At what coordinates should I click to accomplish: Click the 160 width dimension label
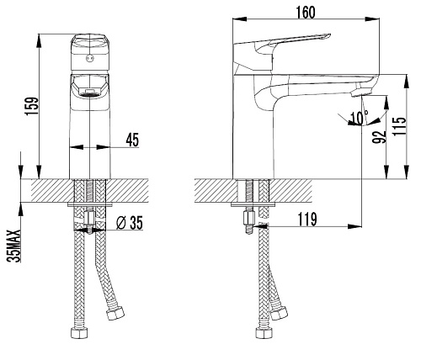coord(306,13)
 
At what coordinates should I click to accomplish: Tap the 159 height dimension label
coord(31,106)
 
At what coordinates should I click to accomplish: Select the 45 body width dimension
coord(132,140)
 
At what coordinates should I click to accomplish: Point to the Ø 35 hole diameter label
coord(130,223)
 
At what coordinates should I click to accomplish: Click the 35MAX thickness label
coord(14,246)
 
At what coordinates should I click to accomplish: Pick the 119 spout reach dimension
coord(307,219)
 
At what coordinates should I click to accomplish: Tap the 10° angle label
coord(360,117)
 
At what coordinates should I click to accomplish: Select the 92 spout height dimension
coord(380,136)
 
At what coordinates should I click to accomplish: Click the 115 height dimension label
coord(399,126)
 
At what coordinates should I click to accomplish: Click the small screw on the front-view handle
coord(89,58)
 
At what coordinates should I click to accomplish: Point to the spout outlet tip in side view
coord(360,93)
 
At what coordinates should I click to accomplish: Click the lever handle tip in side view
coord(329,35)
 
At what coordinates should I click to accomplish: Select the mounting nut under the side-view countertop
coord(249,218)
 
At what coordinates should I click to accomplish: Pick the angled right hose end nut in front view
coord(115,313)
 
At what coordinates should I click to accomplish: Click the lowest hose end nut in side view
coord(264,333)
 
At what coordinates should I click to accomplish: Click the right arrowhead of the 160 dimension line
coord(372,19)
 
